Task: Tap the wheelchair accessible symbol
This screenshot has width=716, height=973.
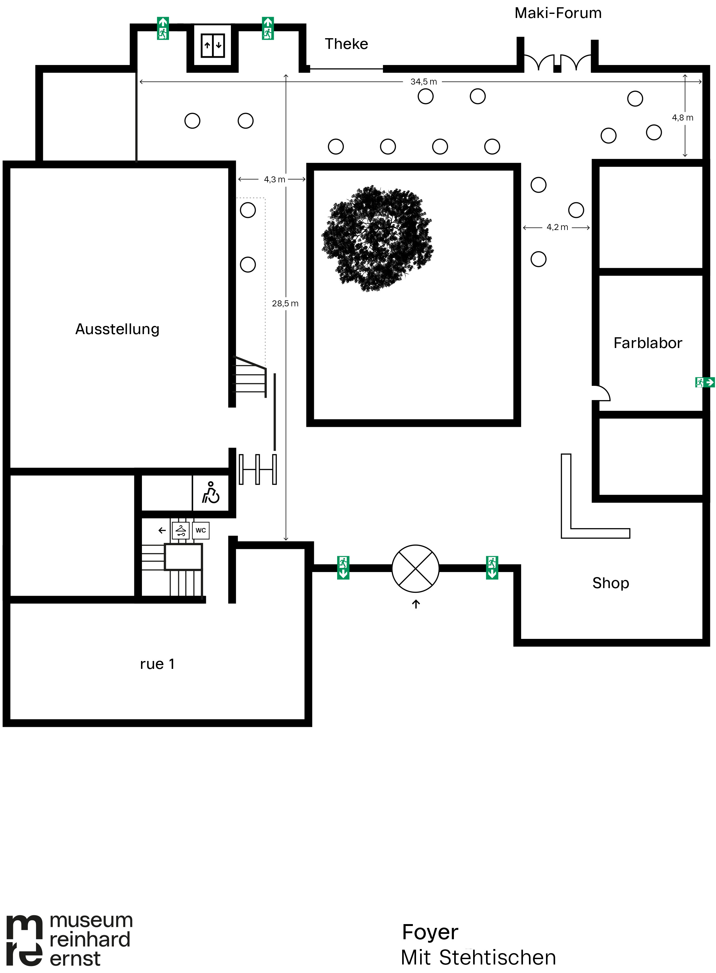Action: tap(211, 492)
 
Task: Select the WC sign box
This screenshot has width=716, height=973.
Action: tap(201, 530)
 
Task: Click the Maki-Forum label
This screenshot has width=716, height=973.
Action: tap(558, 13)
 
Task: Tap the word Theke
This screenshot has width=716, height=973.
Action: tap(346, 44)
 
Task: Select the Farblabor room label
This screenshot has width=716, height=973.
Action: tap(648, 343)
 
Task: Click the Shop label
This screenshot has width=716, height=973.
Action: tap(611, 583)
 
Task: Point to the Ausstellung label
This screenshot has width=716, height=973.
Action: tap(117, 329)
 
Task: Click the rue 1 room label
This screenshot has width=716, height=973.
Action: tap(157, 664)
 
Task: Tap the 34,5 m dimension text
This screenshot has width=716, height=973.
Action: tap(423, 81)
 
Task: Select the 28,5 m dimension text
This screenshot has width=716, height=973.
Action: tap(285, 304)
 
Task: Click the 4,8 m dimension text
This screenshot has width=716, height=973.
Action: tap(683, 117)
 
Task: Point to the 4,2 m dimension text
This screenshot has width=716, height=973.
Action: tap(557, 227)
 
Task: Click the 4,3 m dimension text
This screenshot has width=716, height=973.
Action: tap(275, 180)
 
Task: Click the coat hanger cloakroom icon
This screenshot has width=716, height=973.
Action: tap(181, 530)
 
